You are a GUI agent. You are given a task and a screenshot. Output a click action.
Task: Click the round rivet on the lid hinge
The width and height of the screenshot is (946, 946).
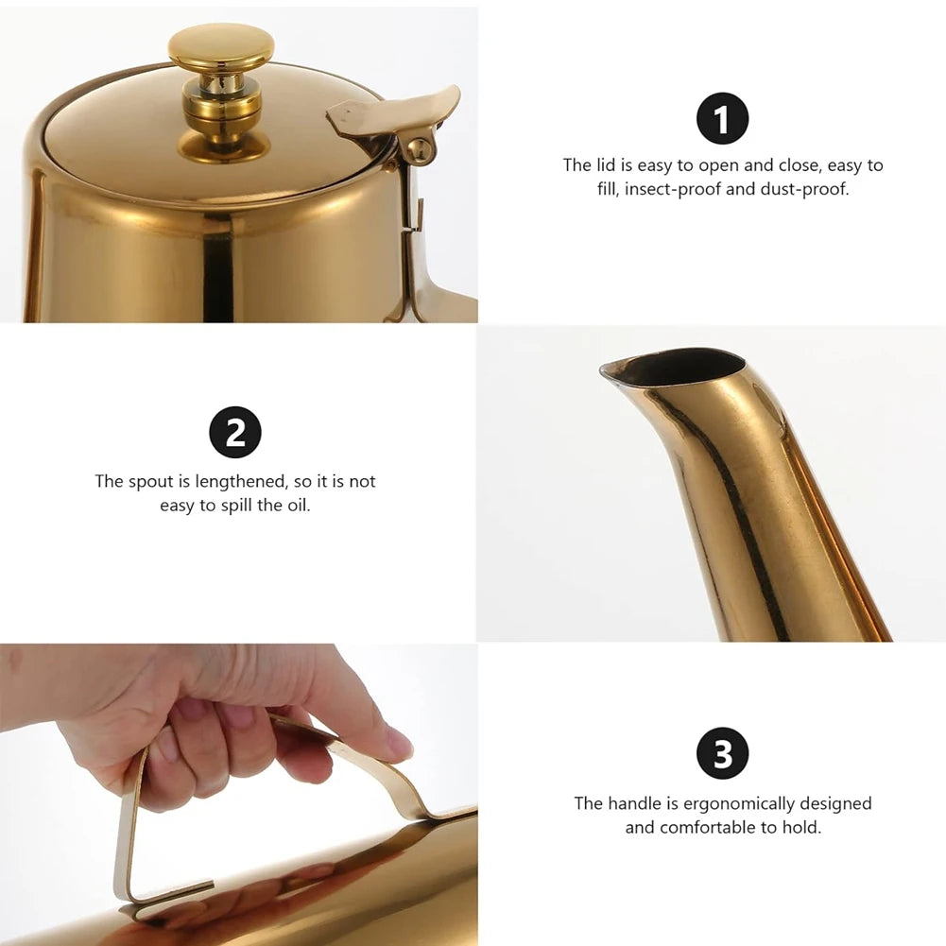(419, 150)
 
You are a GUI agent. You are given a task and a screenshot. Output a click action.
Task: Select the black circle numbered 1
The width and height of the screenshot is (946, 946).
(722, 118)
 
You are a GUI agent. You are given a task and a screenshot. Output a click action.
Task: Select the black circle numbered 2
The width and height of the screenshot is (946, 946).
(235, 432)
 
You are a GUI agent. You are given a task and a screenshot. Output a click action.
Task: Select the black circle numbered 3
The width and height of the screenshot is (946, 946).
(722, 753)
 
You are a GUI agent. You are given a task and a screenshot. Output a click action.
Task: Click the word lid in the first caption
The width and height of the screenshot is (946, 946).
(606, 165)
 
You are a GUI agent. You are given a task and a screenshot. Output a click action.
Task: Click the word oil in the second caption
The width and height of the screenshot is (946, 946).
(298, 506)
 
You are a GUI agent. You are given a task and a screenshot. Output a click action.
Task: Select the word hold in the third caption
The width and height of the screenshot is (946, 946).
(801, 827)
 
